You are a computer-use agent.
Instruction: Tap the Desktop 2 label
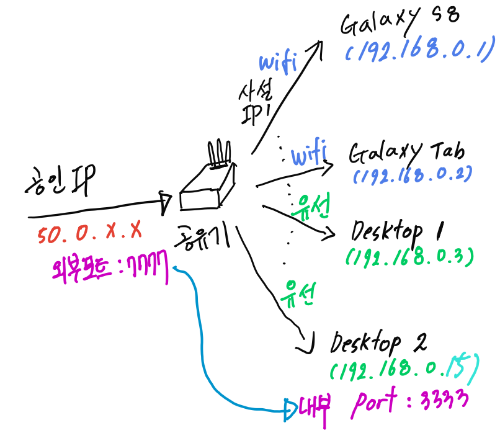click(385, 343)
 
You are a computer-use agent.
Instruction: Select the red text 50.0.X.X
click(90, 233)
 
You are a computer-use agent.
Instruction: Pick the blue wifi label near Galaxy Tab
click(309, 156)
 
